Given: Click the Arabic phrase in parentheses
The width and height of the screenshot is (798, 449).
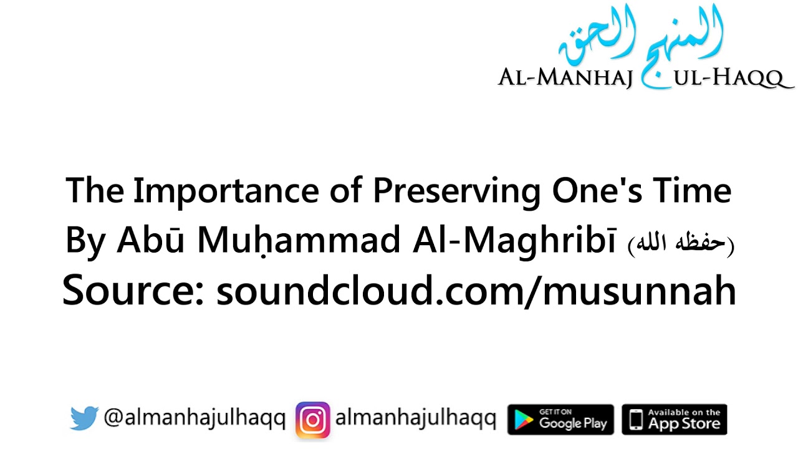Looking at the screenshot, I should [681, 243].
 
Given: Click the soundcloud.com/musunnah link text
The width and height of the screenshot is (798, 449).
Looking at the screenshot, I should [476, 290].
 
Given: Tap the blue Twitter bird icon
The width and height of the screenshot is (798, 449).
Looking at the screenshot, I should [84, 418].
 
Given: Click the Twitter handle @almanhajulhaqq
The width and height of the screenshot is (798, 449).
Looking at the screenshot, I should [195, 419].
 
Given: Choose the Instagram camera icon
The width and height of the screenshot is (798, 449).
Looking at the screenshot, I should [313, 419].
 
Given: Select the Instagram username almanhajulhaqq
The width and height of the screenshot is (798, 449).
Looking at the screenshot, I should [416, 419].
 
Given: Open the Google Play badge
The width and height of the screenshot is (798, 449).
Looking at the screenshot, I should [560, 419].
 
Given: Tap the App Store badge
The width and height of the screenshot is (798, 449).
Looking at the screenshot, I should [675, 419].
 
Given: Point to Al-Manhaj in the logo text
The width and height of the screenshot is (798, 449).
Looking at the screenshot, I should [565, 79].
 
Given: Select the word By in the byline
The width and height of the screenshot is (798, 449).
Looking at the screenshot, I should [85, 241].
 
